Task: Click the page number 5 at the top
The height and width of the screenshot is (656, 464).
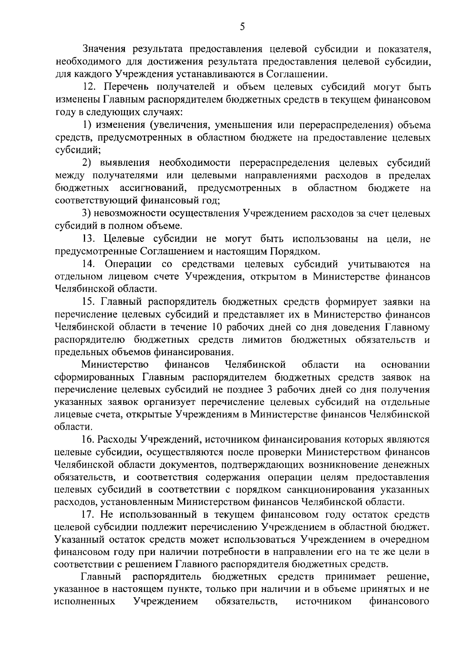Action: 242,27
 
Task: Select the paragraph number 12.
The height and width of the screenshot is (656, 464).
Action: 90,87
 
